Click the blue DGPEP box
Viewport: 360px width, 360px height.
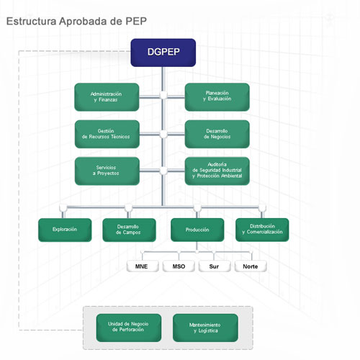(163, 53)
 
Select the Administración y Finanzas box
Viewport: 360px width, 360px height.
(107, 97)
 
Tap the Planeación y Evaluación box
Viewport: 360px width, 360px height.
(217, 97)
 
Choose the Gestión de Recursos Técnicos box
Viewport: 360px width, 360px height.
(107, 134)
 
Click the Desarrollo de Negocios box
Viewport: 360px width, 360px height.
(217, 134)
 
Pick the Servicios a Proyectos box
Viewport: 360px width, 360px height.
(107, 171)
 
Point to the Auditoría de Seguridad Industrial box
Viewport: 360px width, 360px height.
(217, 171)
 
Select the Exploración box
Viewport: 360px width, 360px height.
(65, 230)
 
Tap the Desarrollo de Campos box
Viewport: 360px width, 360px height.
(129, 230)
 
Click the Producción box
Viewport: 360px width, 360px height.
(197, 230)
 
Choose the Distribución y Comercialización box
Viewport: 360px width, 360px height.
(262, 230)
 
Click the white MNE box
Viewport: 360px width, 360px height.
(143, 266)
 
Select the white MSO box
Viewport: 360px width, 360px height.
(179, 266)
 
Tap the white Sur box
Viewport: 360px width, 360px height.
(215, 266)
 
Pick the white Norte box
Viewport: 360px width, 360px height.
(251, 266)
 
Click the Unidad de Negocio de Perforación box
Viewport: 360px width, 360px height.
(129, 328)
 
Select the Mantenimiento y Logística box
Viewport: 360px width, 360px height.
(205, 328)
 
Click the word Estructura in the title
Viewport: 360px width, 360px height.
(32, 21)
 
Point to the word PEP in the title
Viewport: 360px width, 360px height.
(136, 21)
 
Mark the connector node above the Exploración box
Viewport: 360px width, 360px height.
(63, 207)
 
